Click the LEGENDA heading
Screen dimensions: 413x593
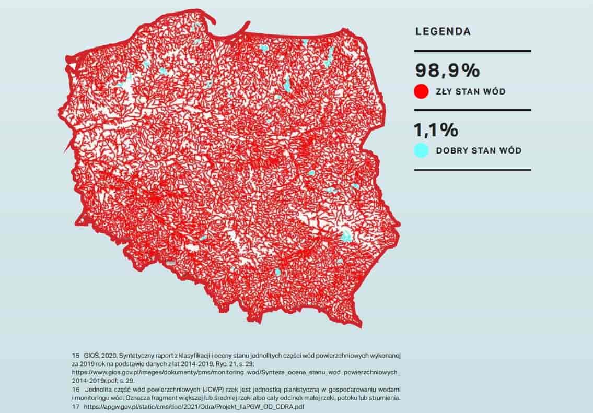(443, 31)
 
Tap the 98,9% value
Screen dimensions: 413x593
(447, 70)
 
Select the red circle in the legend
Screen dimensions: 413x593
(421, 92)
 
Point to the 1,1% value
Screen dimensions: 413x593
(436, 129)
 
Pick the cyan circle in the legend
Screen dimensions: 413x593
(421, 151)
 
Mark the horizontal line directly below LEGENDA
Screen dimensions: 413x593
(472, 51)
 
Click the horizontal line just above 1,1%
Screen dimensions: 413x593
(472, 110)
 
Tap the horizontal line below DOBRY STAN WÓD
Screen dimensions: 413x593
(472, 170)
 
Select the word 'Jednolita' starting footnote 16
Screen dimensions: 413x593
(104, 389)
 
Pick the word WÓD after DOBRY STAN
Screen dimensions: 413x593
(510, 151)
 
